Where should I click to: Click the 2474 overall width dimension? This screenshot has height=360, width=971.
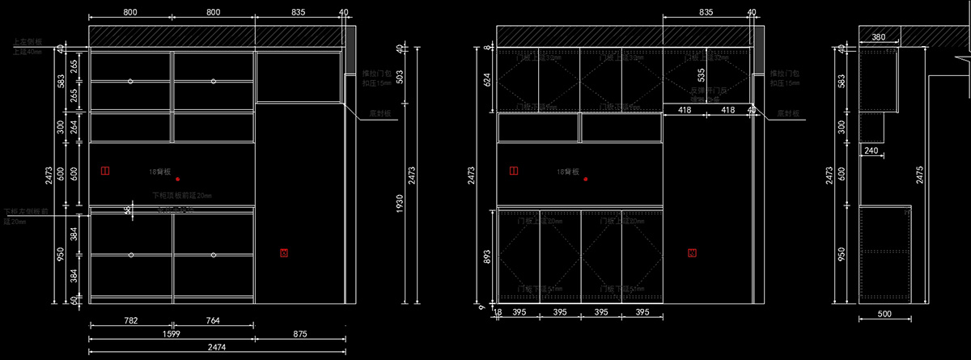(x=216, y=347)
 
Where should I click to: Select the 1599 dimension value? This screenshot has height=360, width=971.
(x=171, y=334)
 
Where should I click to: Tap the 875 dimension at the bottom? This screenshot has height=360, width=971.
(x=300, y=334)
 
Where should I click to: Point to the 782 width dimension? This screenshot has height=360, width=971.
(x=130, y=321)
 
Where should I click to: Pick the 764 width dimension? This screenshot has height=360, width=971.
(x=213, y=321)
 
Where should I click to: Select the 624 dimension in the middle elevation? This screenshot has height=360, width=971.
(x=486, y=79)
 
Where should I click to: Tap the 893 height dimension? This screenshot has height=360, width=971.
(x=486, y=256)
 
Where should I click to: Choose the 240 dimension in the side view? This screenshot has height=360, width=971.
(x=871, y=150)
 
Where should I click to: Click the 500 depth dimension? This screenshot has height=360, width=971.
(x=884, y=314)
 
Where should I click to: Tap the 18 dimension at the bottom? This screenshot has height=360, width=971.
(x=498, y=312)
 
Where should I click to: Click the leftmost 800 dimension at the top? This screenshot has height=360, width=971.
(x=129, y=12)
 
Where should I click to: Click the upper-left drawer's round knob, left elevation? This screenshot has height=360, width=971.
(x=130, y=81)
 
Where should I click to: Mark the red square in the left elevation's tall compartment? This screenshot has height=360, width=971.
(x=284, y=253)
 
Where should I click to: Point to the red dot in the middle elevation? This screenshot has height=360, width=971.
(x=585, y=178)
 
